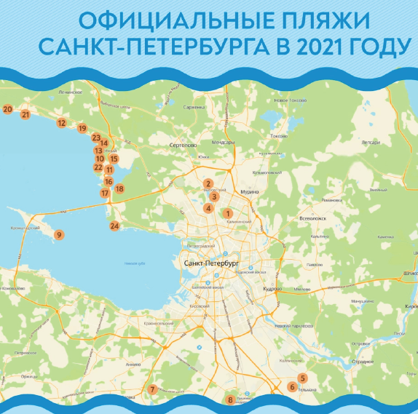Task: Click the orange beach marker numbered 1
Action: click(x=227, y=213)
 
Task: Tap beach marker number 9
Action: click(x=59, y=234)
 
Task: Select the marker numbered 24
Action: click(x=114, y=226)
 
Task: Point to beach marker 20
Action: click(x=7, y=109)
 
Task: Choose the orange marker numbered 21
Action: click(x=25, y=114)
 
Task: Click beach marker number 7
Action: click(x=152, y=389)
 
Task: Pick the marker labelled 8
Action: click(x=230, y=399)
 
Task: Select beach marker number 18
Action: click(x=119, y=189)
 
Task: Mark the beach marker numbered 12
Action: click(x=61, y=123)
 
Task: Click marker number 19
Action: click(x=82, y=128)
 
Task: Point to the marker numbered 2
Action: click(x=208, y=184)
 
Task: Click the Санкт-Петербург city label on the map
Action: click(x=212, y=263)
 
